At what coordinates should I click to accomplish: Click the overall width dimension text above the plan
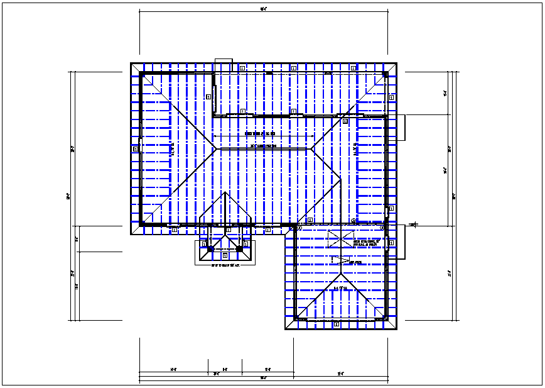pos(264,8)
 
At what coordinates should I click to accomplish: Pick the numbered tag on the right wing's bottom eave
pos(337,324)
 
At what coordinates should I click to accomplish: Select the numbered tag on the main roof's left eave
pos(136,149)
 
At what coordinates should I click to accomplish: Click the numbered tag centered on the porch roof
pos(225,255)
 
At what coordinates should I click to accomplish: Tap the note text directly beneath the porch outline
pos(225,265)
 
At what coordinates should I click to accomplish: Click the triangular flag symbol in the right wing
pos(340,259)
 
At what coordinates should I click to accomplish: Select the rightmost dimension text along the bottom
pos(341,374)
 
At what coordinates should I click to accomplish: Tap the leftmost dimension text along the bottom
pos(173,369)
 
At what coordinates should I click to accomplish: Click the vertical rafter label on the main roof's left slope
pos(173,149)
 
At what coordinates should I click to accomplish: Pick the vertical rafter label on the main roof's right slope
pos(355,150)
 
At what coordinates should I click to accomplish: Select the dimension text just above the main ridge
pos(260,133)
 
